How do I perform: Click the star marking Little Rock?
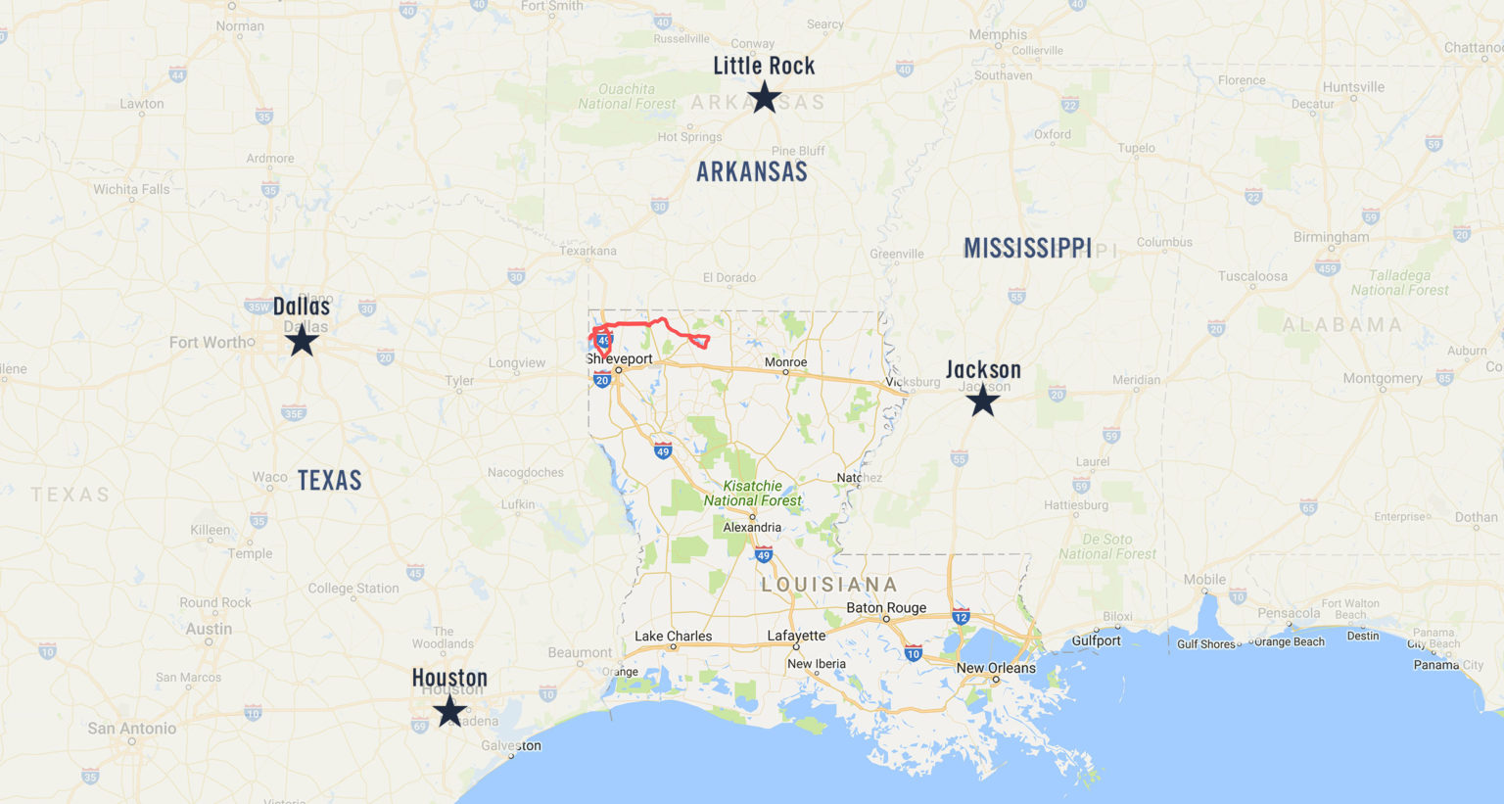click(x=764, y=98)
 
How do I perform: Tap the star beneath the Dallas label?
click(x=302, y=341)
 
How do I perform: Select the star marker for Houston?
click(x=449, y=711)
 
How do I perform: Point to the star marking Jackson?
click(x=982, y=401)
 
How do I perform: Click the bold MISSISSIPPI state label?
click(x=1027, y=249)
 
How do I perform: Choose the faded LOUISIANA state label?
click(x=829, y=585)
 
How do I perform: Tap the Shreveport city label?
click(x=620, y=358)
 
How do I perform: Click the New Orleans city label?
click(x=995, y=668)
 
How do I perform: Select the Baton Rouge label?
click(x=886, y=607)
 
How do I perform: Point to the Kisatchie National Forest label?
click(x=752, y=493)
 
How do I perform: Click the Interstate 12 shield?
click(x=961, y=617)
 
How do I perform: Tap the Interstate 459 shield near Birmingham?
click(x=1327, y=268)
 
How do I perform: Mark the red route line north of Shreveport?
click(x=636, y=323)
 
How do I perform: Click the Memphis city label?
click(x=998, y=34)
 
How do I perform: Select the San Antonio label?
click(x=132, y=728)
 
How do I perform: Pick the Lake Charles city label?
click(x=673, y=636)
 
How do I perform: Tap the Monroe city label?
click(x=785, y=361)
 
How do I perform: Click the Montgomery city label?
click(x=1383, y=378)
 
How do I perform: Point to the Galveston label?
click(x=511, y=745)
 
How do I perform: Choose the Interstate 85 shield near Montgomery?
click(x=1443, y=377)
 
